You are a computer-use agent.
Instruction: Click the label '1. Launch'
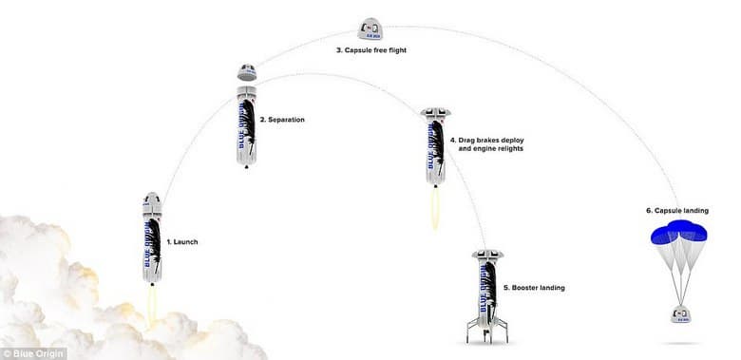pos(182,242)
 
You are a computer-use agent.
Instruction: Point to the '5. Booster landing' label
pos(533,287)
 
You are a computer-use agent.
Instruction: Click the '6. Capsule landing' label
pos(676,211)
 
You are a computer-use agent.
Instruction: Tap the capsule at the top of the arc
pos(371,28)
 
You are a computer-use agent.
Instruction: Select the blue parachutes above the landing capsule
pos(677,234)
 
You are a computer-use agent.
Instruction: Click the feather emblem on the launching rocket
pos(155,247)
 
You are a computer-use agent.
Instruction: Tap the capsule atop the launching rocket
pos(152,201)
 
